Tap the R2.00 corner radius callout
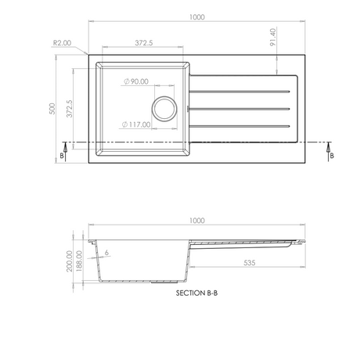(63, 45)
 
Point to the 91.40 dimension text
(272, 38)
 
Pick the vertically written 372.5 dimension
(70, 108)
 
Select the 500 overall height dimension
(52, 108)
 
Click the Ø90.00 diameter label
(138, 81)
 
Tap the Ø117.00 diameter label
(138, 123)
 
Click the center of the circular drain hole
(164, 108)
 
